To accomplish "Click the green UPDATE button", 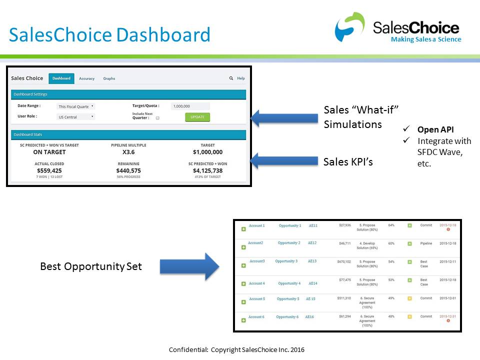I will [x=197, y=117].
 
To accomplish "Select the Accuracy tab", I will [x=86, y=78].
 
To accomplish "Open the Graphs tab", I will [x=109, y=78].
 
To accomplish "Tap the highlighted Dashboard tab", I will [x=61, y=78].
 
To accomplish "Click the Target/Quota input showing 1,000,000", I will [x=190, y=106].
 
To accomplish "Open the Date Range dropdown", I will [x=76, y=106].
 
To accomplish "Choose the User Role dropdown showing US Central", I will [x=76, y=117].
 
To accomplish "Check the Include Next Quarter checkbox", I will [x=157, y=118].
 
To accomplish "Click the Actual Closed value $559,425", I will [x=49, y=170].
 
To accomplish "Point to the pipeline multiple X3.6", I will [x=128, y=152].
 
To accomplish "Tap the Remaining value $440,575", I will [x=128, y=170].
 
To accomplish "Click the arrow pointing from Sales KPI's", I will [x=283, y=161].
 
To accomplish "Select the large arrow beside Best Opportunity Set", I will [x=189, y=266].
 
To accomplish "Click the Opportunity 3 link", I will [x=286, y=261].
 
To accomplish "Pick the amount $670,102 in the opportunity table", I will [x=344, y=261].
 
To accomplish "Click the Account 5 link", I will [x=257, y=299].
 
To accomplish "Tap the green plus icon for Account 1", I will [x=243, y=229].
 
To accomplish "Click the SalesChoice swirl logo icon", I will [x=350, y=27].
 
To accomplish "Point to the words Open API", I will [x=435, y=129].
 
